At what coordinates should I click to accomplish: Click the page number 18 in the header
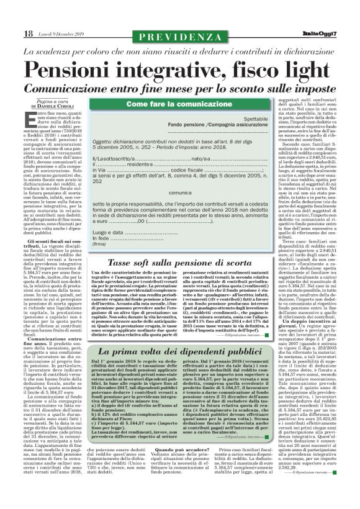tap(28, 33)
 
